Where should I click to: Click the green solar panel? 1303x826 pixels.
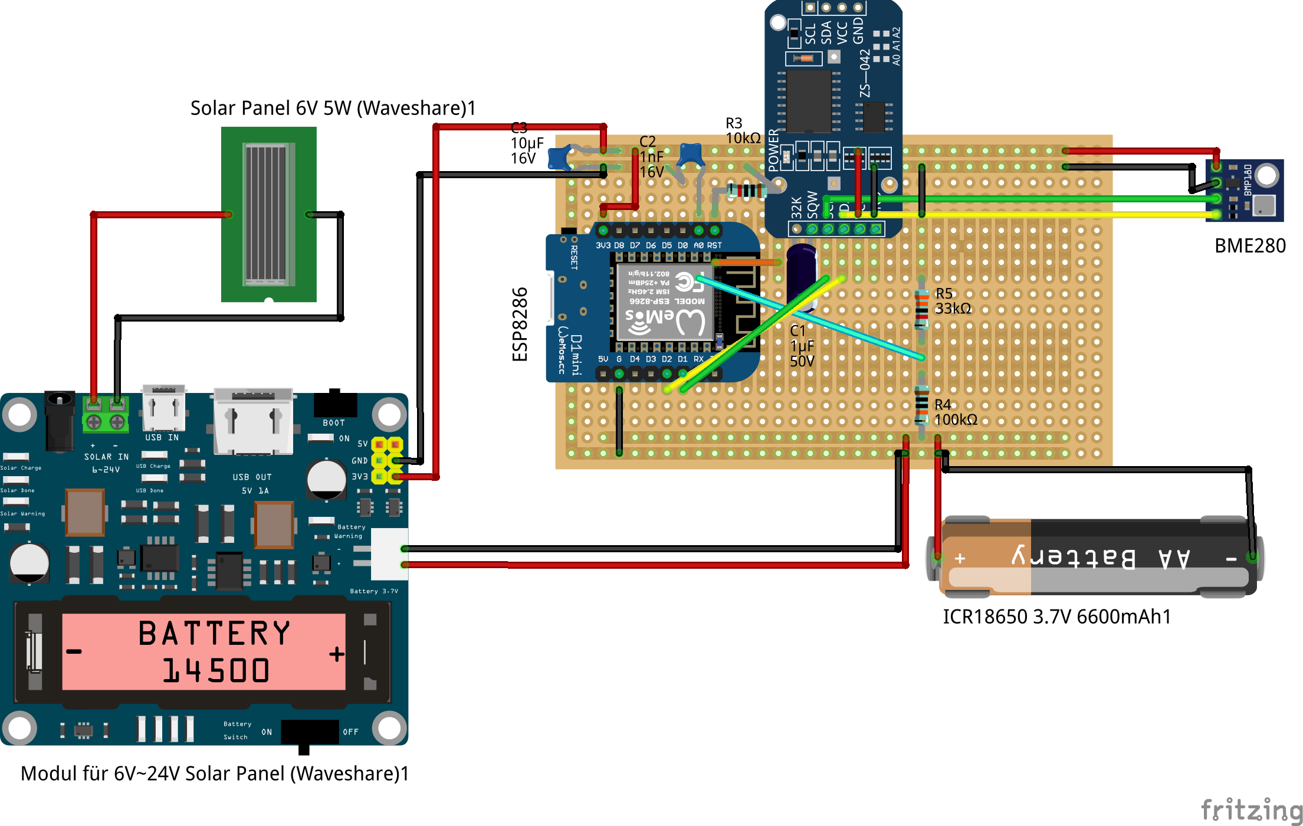click(x=268, y=214)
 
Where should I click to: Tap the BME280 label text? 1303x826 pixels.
click(x=1249, y=246)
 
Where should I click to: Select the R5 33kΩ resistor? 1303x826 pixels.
click(x=921, y=309)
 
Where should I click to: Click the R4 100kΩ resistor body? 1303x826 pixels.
click(x=921, y=404)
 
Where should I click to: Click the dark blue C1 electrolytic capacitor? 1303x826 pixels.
click(x=802, y=277)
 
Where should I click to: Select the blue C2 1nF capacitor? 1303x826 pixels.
click(x=690, y=155)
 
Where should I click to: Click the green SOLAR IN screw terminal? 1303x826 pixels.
click(x=106, y=415)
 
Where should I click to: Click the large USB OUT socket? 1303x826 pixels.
click(x=253, y=421)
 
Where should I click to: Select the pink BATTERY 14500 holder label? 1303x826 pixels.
click(x=204, y=651)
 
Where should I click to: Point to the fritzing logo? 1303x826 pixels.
click(x=1251, y=809)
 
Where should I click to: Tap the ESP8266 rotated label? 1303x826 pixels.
click(x=520, y=324)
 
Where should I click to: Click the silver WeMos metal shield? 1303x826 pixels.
click(x=664, y=301)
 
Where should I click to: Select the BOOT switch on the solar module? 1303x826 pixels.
click(x=335, y=404)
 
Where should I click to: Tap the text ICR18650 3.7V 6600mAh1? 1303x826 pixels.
click(x=1056, y=617)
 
